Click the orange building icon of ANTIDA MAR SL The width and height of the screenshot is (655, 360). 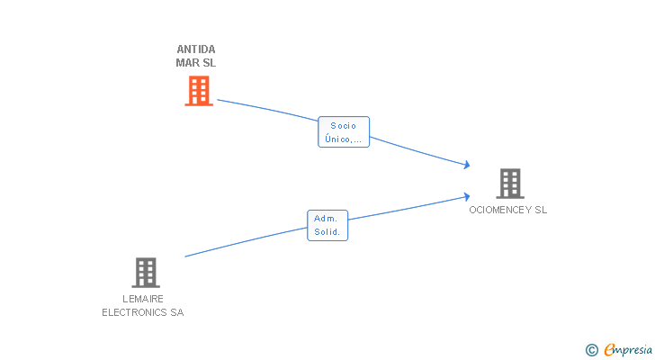(x=199, y=91)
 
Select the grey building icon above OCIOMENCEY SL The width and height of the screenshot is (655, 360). (x=509, y=184)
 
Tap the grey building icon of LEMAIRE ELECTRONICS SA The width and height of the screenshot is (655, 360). (x=146, y=273)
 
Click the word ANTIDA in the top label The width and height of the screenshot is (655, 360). (x=196, y=49)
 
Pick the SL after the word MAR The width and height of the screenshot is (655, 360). (x=210, y=63)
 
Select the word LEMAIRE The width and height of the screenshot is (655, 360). (x=143, y=299)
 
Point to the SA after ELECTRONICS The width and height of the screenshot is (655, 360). (x=176, y=312)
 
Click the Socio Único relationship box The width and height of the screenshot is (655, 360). (x=344, y=132)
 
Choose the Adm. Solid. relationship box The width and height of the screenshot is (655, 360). (x=327, y=225)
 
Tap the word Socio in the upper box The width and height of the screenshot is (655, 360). (x=344, y=126)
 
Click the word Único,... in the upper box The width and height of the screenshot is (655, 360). (x=344, y=139)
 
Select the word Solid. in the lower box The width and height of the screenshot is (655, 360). (x=327, y=232)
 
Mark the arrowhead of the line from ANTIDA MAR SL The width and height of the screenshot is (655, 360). (x=467, y=165)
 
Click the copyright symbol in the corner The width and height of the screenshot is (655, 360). (x=591, y=350)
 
